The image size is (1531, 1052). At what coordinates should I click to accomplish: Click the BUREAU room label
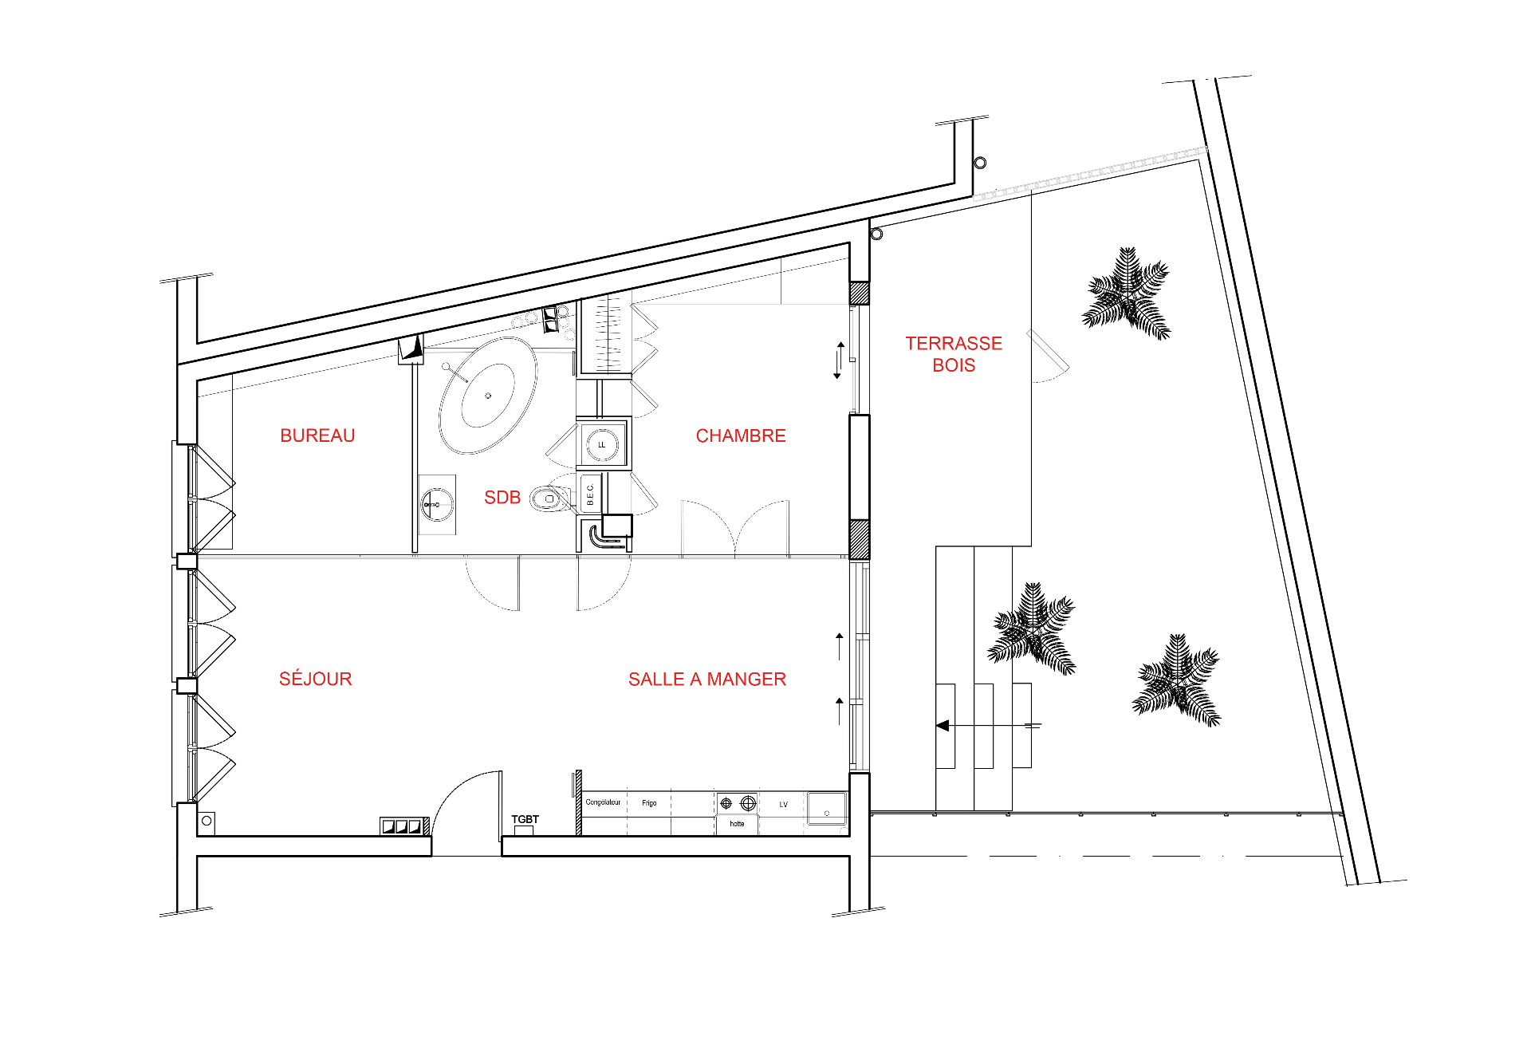click(x=317, y=435)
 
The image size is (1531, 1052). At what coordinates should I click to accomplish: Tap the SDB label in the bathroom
click(x=502, y=498)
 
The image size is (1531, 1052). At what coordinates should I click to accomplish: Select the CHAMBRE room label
click(x=741, y=435)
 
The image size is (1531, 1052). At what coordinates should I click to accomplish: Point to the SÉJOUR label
click(x=315, y=679)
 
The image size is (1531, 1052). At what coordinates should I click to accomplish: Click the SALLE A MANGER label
click(x=707, y=680)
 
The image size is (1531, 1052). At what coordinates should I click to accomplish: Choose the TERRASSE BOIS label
click(x=954, y=354)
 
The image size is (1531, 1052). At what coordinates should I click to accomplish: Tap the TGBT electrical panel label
click(x=525, y=819)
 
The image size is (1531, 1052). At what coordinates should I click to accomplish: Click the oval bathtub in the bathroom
click(x=487, y=396)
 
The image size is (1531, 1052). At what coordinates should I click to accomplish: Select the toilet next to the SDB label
click(x=553, y=498)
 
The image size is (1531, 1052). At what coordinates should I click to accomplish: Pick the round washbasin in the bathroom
click(x=437, y=505)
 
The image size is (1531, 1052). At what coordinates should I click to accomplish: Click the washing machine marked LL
click(x=602, y=444)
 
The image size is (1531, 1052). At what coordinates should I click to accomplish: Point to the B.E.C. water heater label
click(x=590, y=494)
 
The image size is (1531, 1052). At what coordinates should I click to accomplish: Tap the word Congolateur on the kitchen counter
click(x=603, y=802)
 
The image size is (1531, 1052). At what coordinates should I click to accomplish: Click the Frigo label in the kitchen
click(x=649, y=803)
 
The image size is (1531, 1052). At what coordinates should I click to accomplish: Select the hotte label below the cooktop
click(x=737, y=824)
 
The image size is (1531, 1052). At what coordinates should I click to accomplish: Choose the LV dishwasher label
click(x=783, y=804)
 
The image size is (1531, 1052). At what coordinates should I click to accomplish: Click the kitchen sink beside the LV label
click(x=827, y=807)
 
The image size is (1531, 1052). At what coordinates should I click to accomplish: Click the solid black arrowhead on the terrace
click(x=943, y=726)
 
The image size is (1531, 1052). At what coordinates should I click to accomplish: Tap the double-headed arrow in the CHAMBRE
click(x=839, y=361)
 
